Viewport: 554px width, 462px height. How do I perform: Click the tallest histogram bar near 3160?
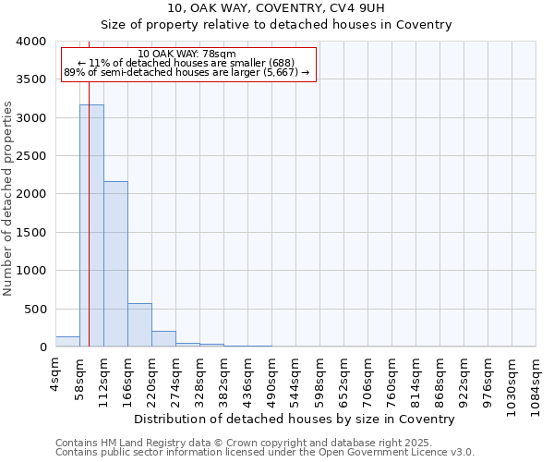coord(91,226)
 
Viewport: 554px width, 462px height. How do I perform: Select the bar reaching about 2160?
coord(115,264)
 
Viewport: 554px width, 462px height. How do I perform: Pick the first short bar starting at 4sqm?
coord(67,342)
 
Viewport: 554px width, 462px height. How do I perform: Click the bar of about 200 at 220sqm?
coord(163,339)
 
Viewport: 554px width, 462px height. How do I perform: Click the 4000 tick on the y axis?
coord(32,42)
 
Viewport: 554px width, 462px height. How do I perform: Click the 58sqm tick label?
coord(79,377)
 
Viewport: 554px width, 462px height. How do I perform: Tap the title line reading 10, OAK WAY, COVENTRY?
coord(276,8)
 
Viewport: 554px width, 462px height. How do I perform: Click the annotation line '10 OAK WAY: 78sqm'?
coord(187,54)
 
